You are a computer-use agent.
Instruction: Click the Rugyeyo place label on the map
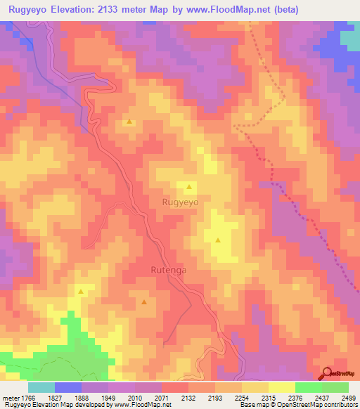(181, 202)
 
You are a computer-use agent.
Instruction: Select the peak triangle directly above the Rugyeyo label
(188, 187)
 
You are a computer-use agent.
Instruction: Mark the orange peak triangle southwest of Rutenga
(144, 302)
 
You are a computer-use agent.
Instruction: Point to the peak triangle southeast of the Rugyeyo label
(218, 240)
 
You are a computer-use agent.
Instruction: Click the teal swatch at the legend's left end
(41, 387)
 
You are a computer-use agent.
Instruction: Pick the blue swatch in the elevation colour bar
(68, 387)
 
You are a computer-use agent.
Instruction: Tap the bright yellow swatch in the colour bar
(281, 387)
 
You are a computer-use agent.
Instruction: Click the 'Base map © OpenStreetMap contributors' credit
(298, 405)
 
